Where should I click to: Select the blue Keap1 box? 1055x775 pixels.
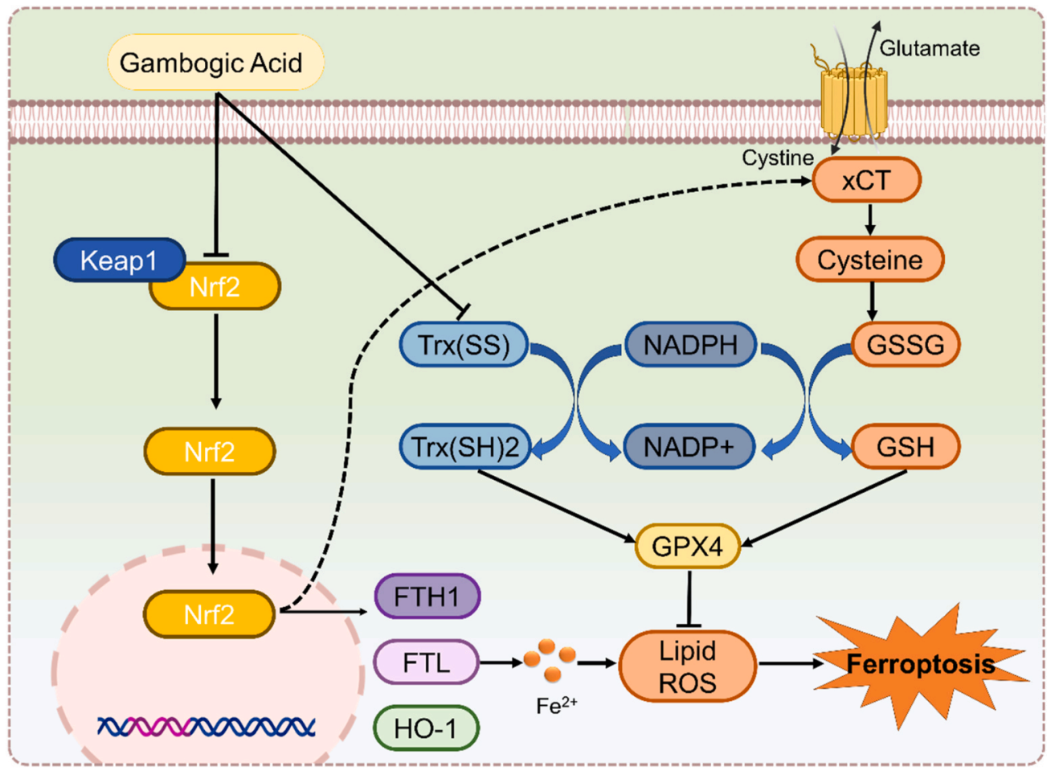(119, 260)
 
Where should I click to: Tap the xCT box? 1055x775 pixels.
(866, 180)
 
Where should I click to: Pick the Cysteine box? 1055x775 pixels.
(869, 260)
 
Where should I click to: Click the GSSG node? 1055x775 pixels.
(906, 345)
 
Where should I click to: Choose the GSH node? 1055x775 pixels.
(906, 446)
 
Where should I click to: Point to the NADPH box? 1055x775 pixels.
(690, 345)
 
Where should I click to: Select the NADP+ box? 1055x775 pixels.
(689, 446)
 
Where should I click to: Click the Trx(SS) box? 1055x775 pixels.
(464, 345)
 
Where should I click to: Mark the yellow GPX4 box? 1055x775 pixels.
(687, 547)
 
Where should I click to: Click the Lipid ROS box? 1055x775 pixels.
(687, 666)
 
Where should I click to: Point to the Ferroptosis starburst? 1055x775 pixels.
(921, 664)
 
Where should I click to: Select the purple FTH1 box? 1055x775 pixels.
(427, 597)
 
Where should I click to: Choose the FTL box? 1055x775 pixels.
(426, 662)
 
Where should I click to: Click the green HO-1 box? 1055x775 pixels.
(426, 728)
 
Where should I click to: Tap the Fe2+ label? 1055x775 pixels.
(556, 706)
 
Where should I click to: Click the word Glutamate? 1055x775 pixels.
(930, 48)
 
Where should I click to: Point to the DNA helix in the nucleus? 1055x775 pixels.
(207, 727)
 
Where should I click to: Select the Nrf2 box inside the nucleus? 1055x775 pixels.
(210, 615)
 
